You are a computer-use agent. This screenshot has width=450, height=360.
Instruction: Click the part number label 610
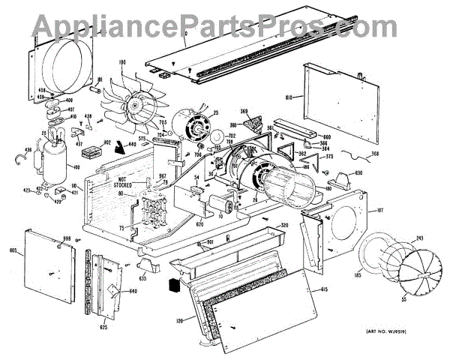pos(292,97)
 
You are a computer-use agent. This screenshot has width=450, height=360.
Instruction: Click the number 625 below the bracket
pos(103,327)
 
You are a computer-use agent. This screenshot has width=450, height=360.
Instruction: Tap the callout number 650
pos(358,174)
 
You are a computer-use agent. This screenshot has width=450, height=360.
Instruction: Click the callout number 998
pos(67,239)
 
